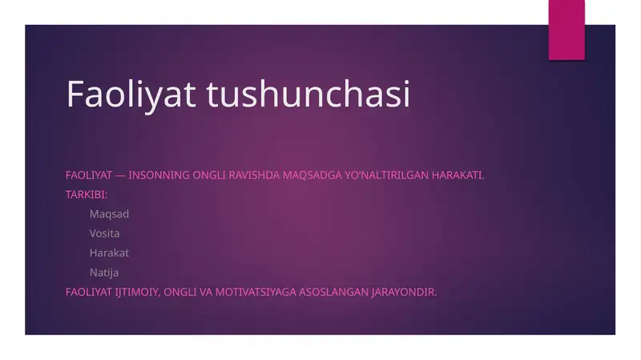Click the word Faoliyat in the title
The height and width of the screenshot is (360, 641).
coord(132,95)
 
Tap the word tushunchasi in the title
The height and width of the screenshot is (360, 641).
coord(308,95)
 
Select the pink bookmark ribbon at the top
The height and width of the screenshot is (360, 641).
coord(566,29)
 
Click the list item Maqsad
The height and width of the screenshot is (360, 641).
coord(109,214)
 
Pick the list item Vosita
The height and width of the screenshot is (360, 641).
coord(104,233)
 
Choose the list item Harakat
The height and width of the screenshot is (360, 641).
coord(109,253)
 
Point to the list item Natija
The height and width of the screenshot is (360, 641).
coord(104,273)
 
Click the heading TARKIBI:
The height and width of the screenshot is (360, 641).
coord(87,194)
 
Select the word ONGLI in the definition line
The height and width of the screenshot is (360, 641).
coord(210,175)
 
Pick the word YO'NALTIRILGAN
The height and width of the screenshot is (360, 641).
coord(385,175)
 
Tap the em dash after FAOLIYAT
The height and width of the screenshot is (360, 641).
coord(120,175)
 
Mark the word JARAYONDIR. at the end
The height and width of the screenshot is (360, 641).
coord(404,292)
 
